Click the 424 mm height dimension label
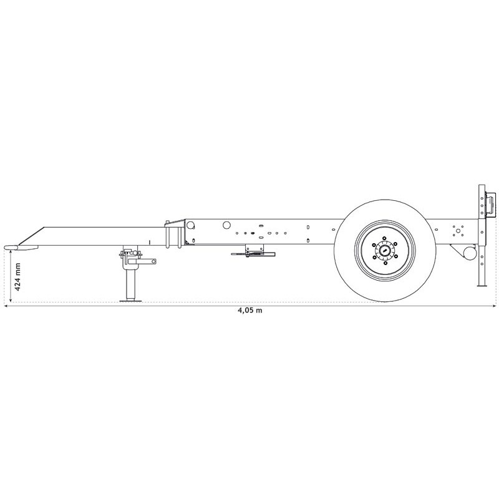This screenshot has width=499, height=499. click(18, 278)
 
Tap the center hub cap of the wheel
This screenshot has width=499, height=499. click(385, 251)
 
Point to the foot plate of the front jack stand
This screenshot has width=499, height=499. click(130, 301)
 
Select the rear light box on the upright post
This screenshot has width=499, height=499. click(492, 206)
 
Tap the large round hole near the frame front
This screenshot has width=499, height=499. click(226, 225)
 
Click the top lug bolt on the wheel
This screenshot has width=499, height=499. click(385, 238)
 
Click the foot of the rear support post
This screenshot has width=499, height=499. click(482, 285)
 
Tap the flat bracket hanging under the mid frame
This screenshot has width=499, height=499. click(252, 253)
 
